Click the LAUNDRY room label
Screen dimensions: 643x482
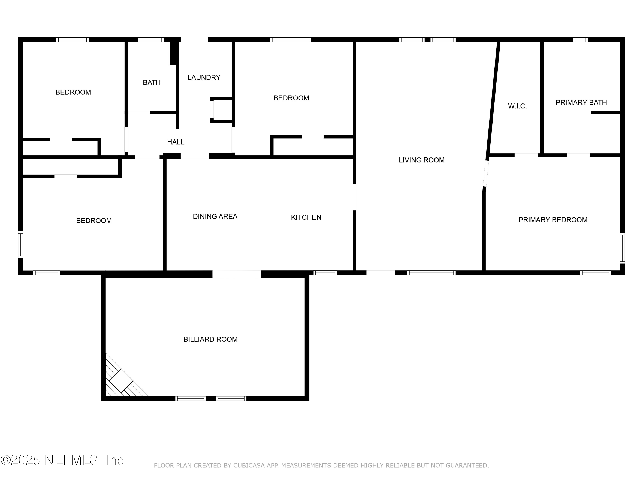click(x=204, y=78)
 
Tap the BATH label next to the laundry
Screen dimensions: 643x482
click(x=152, y=82)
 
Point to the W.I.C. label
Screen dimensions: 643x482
click(x=517, y=106)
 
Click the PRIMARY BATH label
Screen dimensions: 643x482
click(x=581, y=103)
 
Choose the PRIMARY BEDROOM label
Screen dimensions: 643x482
click(x=553, y=220)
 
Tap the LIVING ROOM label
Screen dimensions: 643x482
click(x=422, y=160)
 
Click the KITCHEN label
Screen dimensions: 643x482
click(x=306, y=217)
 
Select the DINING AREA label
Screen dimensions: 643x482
click(x=215, y=216)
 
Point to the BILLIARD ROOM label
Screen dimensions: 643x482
click(x=210, y=339)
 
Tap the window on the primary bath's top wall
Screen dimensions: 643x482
click(x=580, y=40)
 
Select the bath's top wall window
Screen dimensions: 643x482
click(x=151, y=40)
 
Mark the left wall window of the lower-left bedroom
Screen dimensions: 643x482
click(x=20, y=245)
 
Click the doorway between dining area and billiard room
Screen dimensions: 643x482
click(x=237, y=274)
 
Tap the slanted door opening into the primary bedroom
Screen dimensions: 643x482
click(x=486, y=174)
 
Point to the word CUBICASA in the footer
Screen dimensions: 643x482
click(x=249, y=466)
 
